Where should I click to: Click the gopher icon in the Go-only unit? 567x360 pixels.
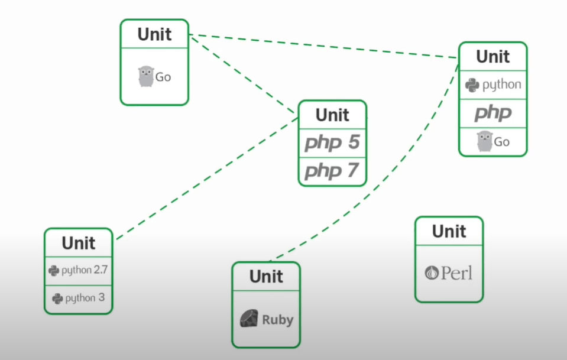tap(145, 77)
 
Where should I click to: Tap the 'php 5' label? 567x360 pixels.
tap(332, 143)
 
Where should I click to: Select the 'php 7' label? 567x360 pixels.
tap(332, 171)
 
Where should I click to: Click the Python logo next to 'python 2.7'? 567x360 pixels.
tap(54, 271)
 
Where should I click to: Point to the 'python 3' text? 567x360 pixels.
tap(85, 298)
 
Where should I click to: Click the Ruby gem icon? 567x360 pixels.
tap(248, 319)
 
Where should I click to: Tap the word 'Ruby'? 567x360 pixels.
tap(277, 320)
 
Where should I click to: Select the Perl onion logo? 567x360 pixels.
tap(432, 273)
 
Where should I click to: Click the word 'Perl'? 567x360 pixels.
tap(457, 273)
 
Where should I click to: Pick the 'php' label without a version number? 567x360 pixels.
tap(493, 113)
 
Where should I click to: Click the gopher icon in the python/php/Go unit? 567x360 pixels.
tap(484, 142)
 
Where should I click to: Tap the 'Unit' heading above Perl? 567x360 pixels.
tap(449, 231)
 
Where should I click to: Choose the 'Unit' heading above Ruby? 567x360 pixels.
tap(266, 277)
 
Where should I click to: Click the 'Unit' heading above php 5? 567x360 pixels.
tap(332, 115)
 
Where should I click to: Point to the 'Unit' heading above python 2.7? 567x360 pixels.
tap(79, 243)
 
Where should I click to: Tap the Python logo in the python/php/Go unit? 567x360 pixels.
tap(472, 85)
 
